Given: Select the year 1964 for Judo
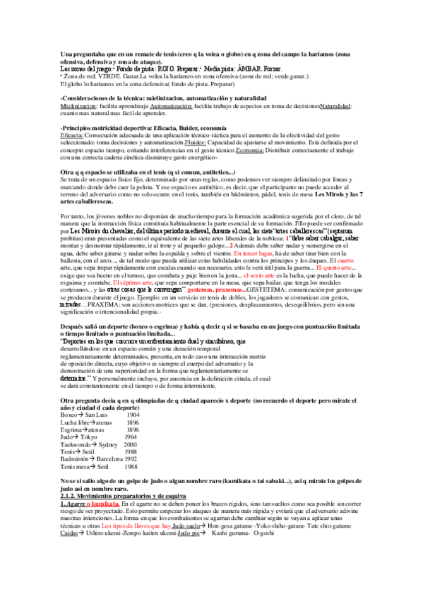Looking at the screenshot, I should point(130,437).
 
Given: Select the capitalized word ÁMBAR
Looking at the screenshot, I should point(245,69).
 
